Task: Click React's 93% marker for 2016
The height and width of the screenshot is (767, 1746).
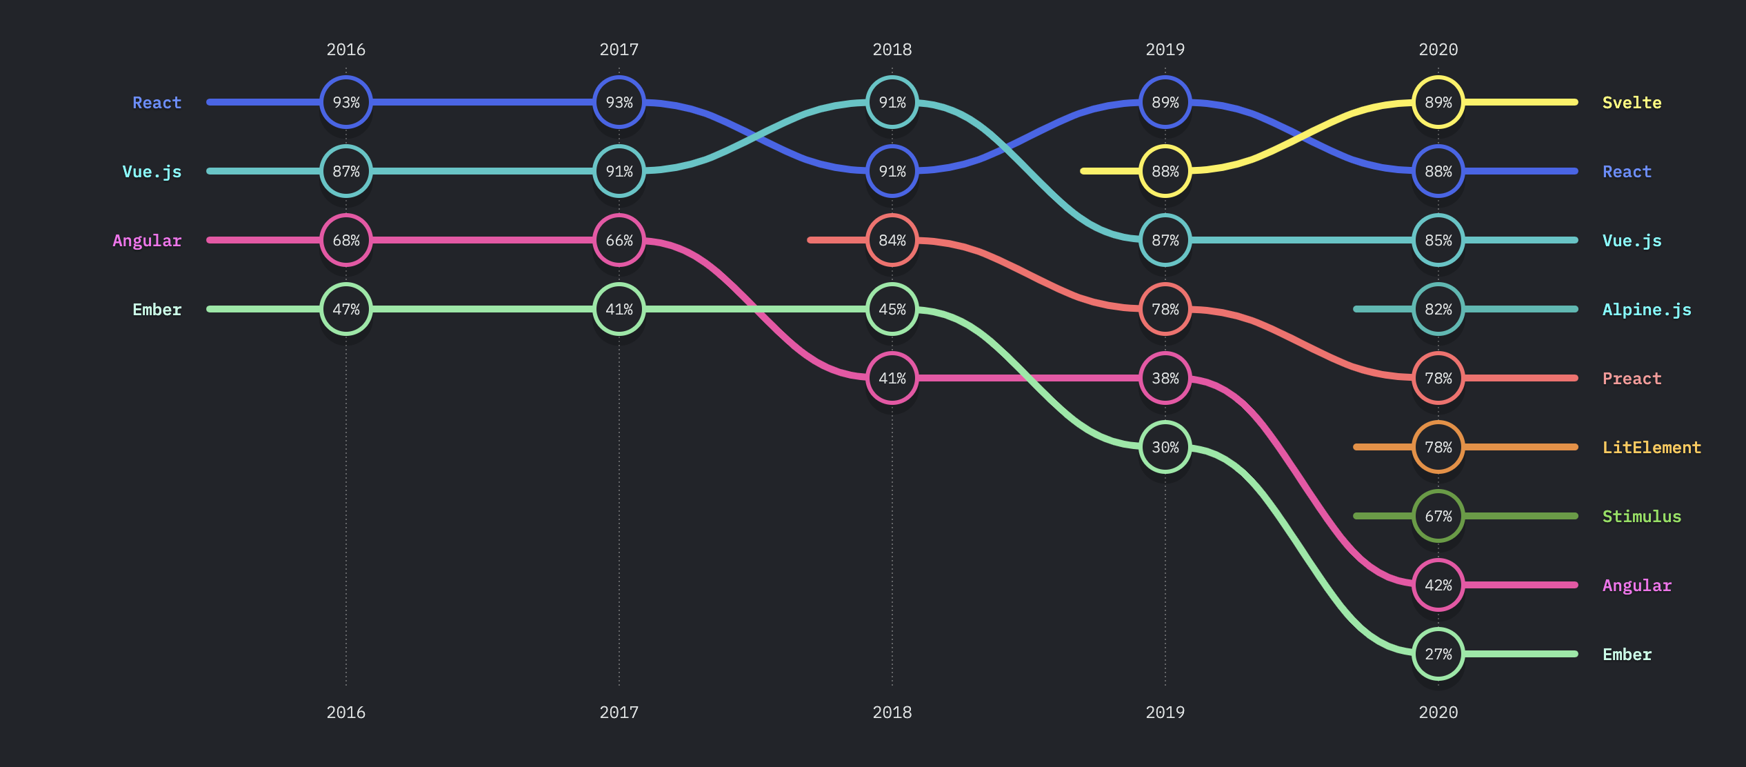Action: pos(346,102)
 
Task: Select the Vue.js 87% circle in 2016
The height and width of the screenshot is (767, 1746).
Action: pos(346,171)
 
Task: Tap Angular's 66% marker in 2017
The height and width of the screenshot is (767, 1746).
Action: pos(619,240)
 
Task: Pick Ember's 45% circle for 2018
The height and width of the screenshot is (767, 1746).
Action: pos(892,309)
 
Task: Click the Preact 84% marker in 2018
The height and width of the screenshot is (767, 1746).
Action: pos(892,240)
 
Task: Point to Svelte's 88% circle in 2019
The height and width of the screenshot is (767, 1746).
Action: pos(1165,171)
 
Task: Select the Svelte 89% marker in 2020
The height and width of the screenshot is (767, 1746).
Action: pos(1438,102)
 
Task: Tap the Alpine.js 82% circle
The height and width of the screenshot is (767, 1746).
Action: pos(1438,309)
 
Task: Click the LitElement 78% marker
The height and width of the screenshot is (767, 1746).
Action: pos(1438,447)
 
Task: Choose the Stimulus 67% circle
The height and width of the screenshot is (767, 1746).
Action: pos(1438,516)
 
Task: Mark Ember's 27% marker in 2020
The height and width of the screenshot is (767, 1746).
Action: pos(1438,654)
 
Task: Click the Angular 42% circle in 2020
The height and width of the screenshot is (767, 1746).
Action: pos(1438,585)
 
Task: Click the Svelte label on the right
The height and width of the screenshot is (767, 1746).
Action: pos(1632,103)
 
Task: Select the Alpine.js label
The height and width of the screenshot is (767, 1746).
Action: pos(1647,310)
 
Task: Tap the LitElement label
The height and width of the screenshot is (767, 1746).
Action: pos(1652,448)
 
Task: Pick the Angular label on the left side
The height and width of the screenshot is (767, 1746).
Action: pos(147,241)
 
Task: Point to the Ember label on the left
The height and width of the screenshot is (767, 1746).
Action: pos(157,310)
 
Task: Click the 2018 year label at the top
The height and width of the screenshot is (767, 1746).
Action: pos(892,50)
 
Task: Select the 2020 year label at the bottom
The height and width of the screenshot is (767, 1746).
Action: pos(1438,713)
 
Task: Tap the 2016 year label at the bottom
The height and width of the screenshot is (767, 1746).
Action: pos(346,713)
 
